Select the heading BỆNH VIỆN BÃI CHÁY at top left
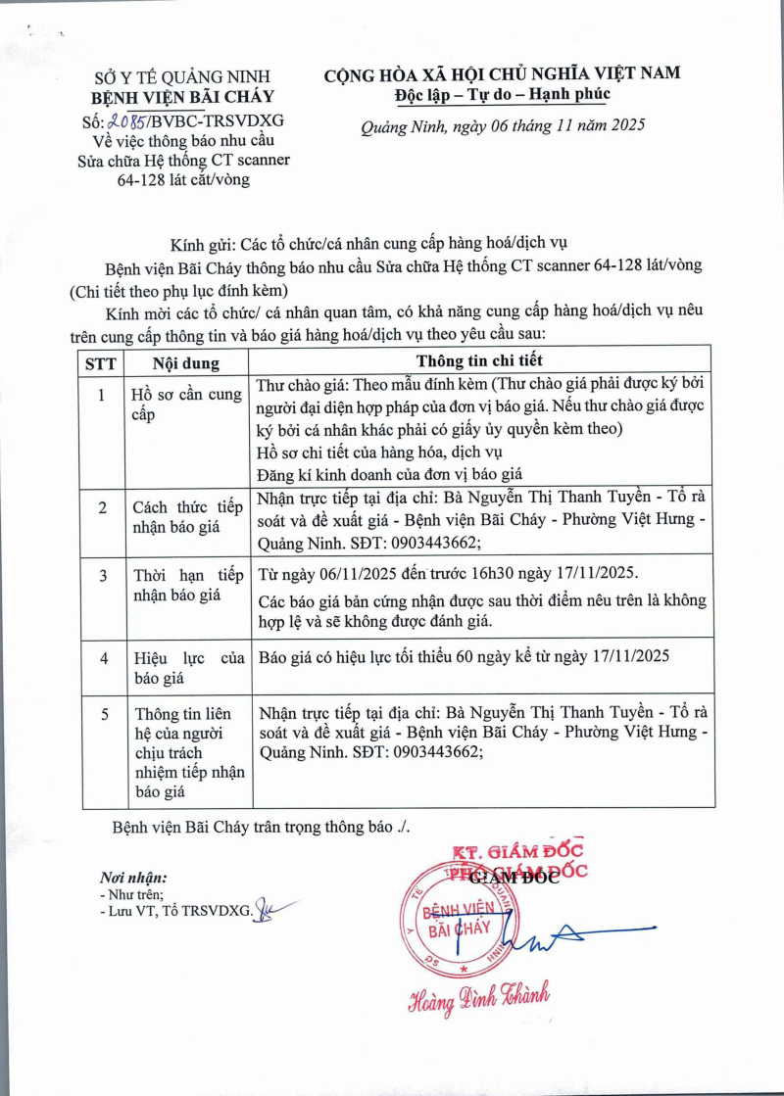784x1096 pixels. click(182, 97)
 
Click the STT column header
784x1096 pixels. click(101, 362)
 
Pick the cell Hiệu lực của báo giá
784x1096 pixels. click(188, 667)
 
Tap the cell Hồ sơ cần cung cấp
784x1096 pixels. click(187, 405)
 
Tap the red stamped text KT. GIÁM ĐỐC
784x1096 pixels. click(516, 851)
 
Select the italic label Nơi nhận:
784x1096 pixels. click(133, 877)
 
